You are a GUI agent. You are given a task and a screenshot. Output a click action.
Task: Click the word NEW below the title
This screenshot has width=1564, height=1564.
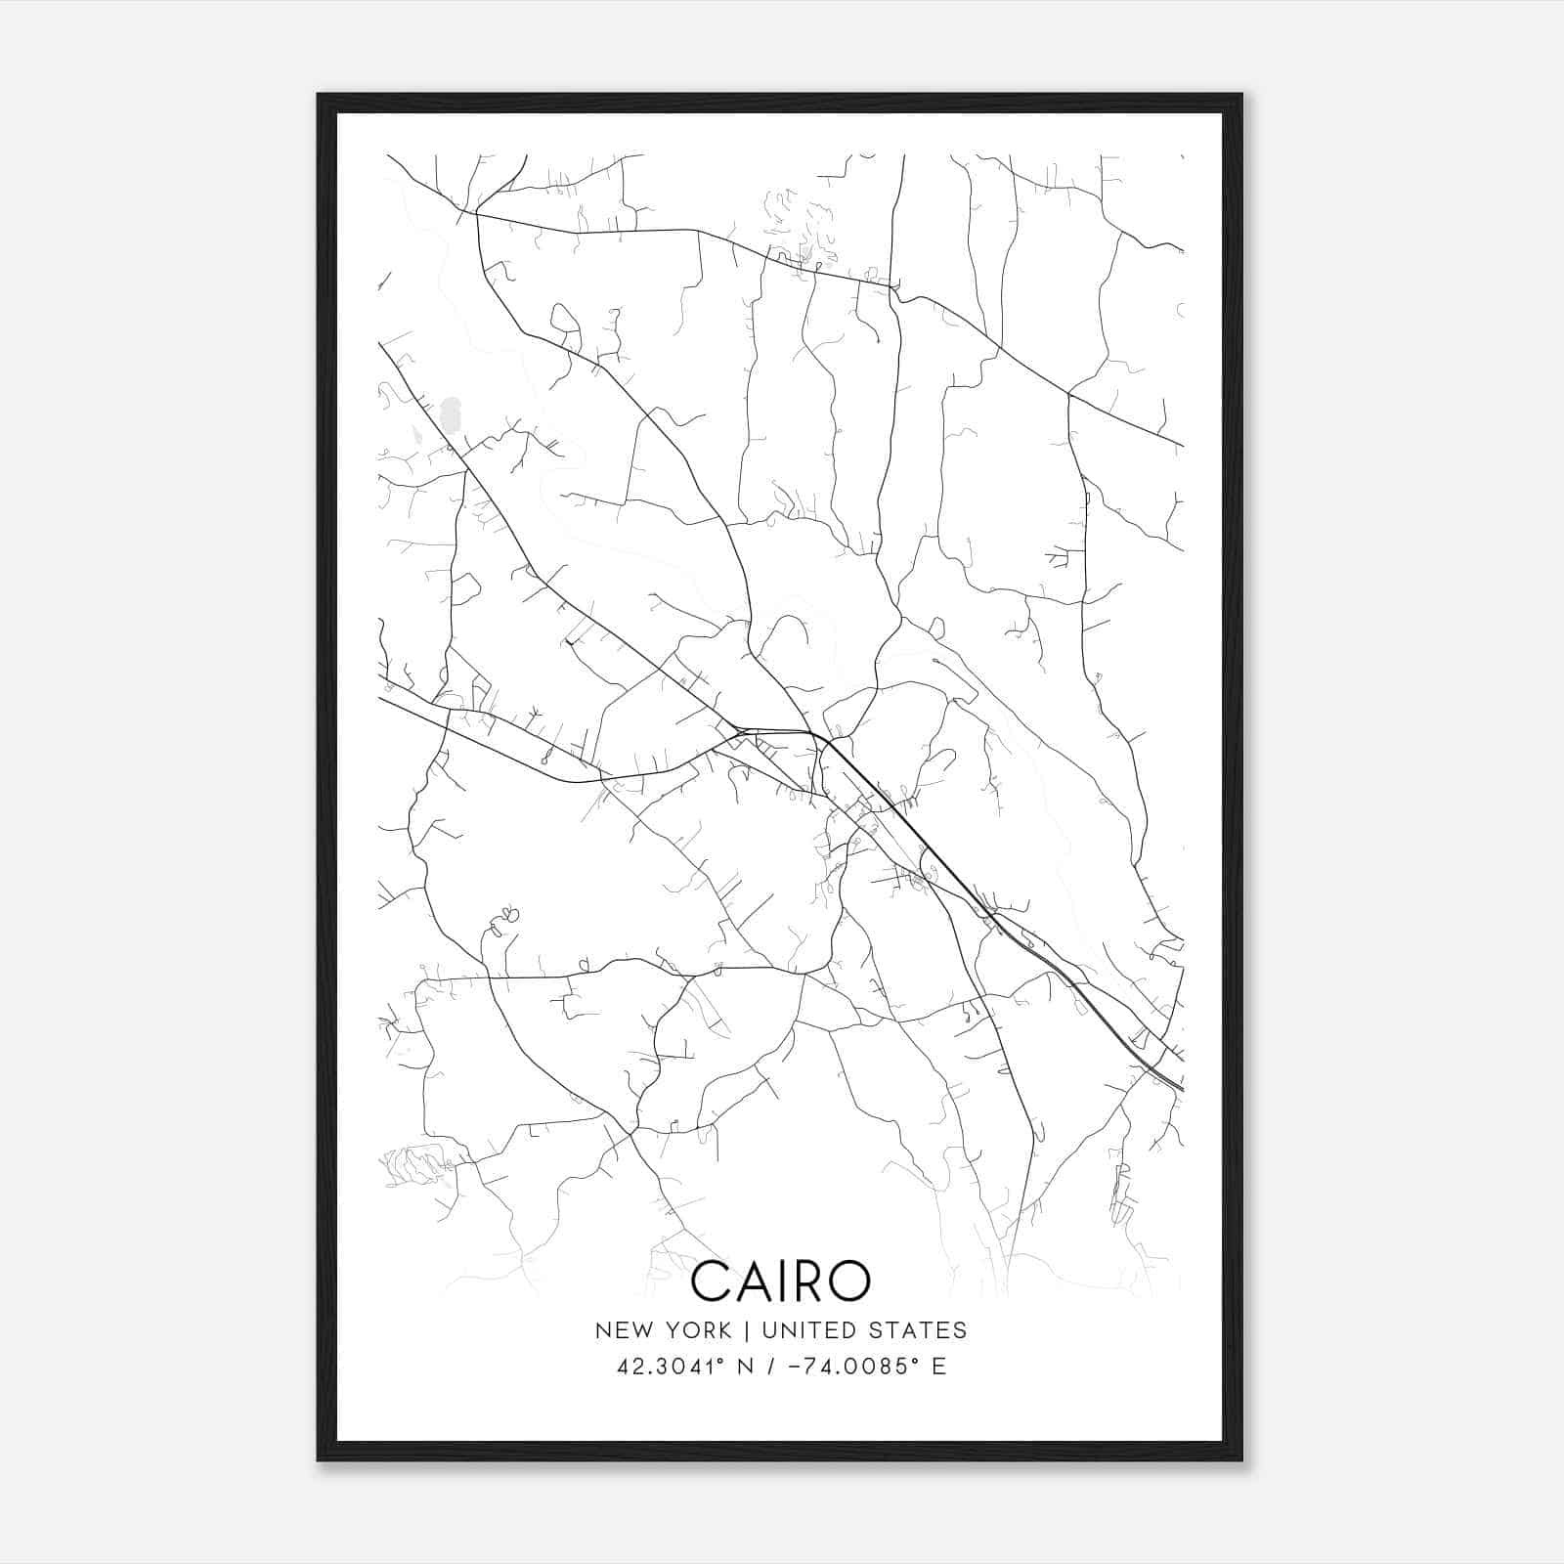619,1330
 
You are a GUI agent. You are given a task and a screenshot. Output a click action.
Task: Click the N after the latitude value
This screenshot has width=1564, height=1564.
745,1367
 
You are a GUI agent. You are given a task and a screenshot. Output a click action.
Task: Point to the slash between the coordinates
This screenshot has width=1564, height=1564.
772,1367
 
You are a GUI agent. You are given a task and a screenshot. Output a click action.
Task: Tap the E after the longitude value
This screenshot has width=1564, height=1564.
939,1367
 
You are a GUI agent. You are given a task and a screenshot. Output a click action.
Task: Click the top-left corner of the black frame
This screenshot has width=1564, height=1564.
319,95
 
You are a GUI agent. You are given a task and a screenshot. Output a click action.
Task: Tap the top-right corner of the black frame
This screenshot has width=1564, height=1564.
1241,95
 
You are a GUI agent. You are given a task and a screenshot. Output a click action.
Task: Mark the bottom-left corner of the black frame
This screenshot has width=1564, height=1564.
319,1459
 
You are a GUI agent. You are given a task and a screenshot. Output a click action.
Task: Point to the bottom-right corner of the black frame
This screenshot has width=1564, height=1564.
1241,1459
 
